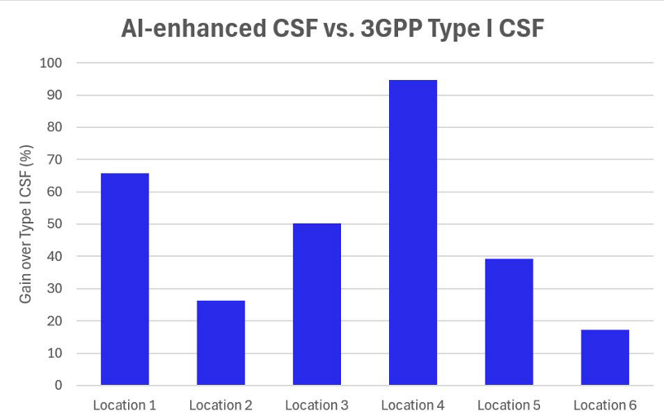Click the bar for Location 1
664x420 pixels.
coord(125,279)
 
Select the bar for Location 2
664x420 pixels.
coord(220,343)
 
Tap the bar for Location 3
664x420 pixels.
coord(317,304)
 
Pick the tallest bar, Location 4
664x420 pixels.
coord(413,232)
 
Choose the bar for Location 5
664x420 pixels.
coord(509,322)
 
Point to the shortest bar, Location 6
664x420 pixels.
coord(604,357)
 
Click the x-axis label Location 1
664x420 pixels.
coord(125,405)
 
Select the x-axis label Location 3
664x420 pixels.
coord(317,405)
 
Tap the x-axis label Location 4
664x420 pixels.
coord(413,405)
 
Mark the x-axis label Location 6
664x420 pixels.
coord(604,405)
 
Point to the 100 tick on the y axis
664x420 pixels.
coord(51,63)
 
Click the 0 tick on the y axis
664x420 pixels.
coord(59,385)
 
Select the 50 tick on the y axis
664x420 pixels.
coord(55,224)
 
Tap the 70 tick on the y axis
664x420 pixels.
coord(55,160)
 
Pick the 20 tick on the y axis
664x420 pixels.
coord(55,321)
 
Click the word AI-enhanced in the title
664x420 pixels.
coord(193,29)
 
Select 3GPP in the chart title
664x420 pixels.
coord(391,29)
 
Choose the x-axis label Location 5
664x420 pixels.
coord(509,405)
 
